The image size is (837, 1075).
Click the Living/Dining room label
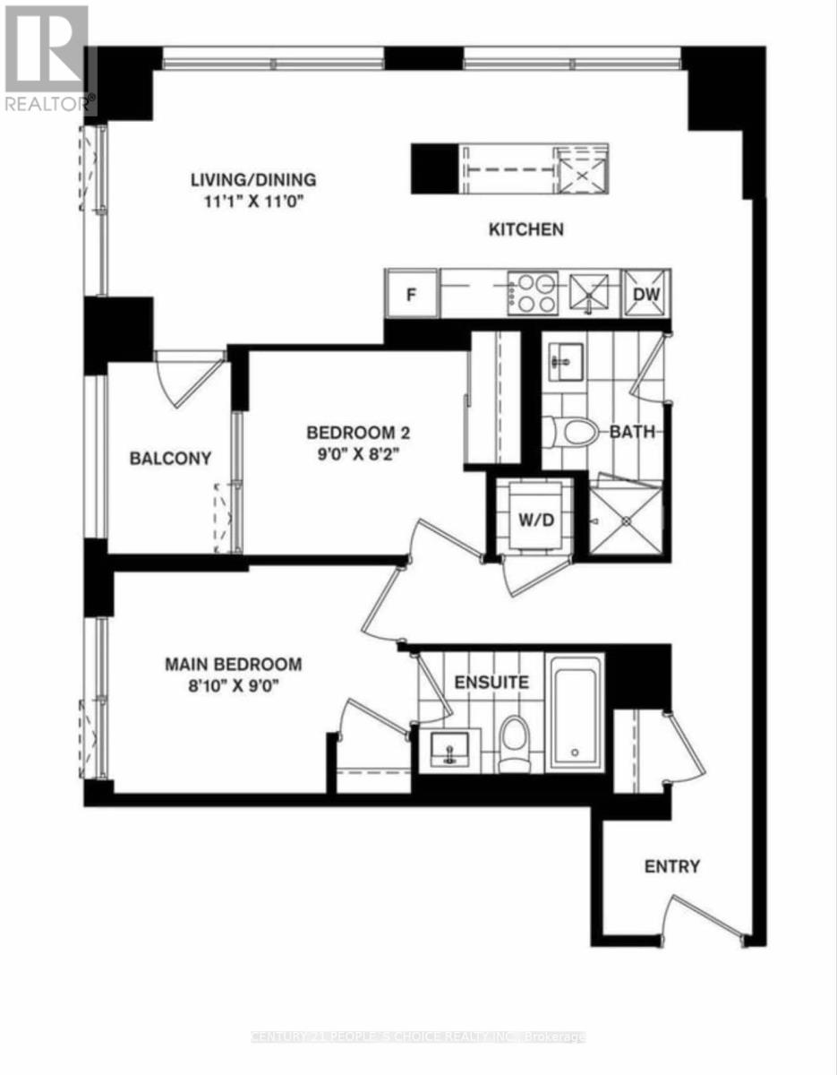pos(253,179)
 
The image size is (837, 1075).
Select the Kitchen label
pos(525,230)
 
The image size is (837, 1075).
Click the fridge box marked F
pos(411,294)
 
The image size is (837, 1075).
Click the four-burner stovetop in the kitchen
pos(533,294)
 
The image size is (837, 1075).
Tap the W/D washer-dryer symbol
pos(534,520)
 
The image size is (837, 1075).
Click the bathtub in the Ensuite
pos(576,712)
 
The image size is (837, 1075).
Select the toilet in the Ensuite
pos(514,744)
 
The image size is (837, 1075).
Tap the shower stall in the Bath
pos(625,520)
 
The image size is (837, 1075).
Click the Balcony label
pos(170,459)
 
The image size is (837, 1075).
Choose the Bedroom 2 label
pos(358,433)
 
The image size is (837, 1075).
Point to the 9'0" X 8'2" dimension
pos(358,454)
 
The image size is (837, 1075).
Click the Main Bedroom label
pos(233,665)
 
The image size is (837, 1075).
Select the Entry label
pos(672,866)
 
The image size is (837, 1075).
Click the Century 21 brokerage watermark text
pos(418,1037)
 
